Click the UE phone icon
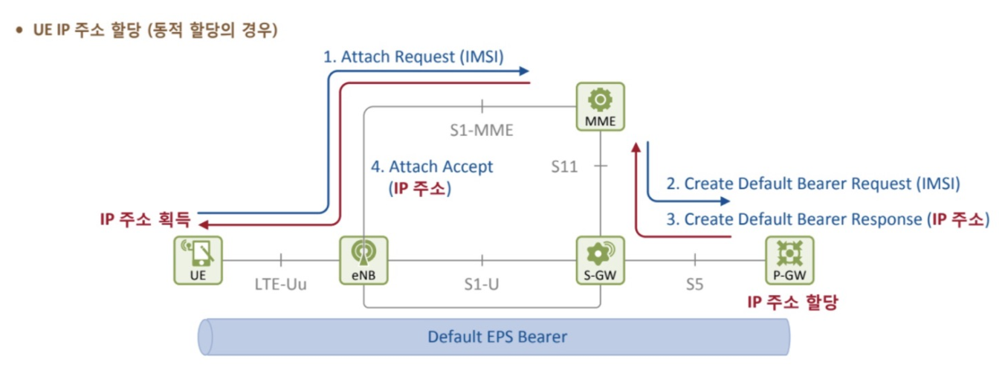coord(198,255)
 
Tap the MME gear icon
coord(600,100)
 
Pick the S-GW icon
coord(600,255)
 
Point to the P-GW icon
coord(789,255)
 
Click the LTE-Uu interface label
coord(280,284)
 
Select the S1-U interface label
coord(482,284)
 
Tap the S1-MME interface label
coord(482,130)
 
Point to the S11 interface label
coord(564,166)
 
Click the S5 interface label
coord(694,284)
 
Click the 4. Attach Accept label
coord(432,166)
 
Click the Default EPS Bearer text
coord(497,337)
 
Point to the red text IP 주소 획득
coord(146,219)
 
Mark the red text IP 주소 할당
coord(792,302)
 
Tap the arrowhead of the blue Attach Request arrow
coord(525,71)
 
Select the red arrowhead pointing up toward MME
coord(636,148)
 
